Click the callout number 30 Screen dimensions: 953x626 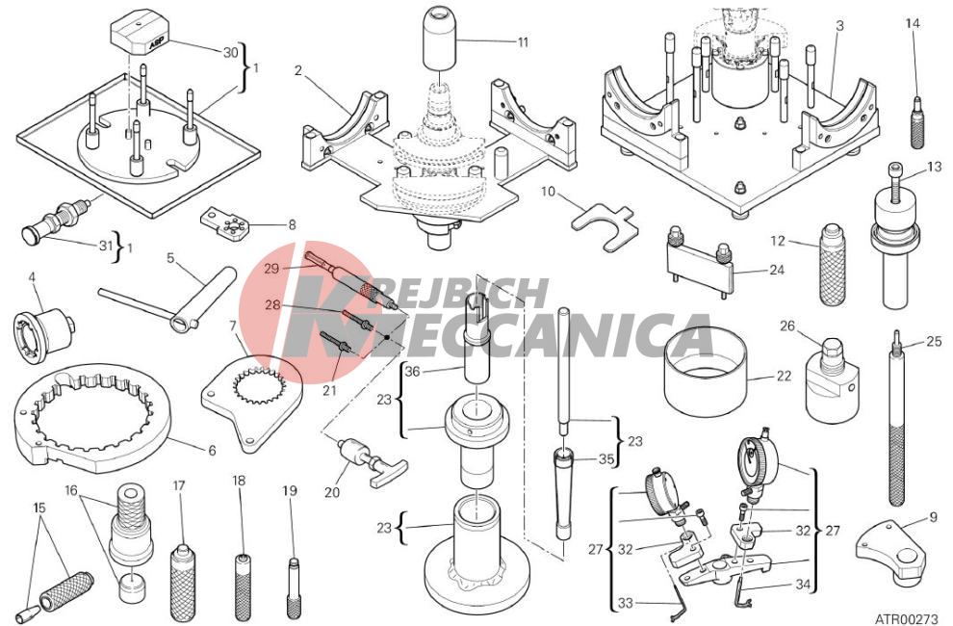click(230, 52)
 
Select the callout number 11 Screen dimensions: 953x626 click(523, 42)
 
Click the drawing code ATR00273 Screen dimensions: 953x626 click(906, 618)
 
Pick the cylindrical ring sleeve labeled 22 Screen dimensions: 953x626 click(706, 372)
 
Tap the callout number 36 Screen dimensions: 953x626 click(412, 371)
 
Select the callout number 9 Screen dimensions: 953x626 click(934, 519)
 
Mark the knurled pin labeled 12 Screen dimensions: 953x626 click(832, 264)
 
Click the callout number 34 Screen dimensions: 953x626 click(803, 584)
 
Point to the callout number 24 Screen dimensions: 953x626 click(777, 269)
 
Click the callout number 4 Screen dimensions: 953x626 click(32, 277)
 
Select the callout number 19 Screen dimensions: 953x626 click(290, 490)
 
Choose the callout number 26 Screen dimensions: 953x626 click(787, 326)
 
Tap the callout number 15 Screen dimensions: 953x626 click(39, 507)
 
